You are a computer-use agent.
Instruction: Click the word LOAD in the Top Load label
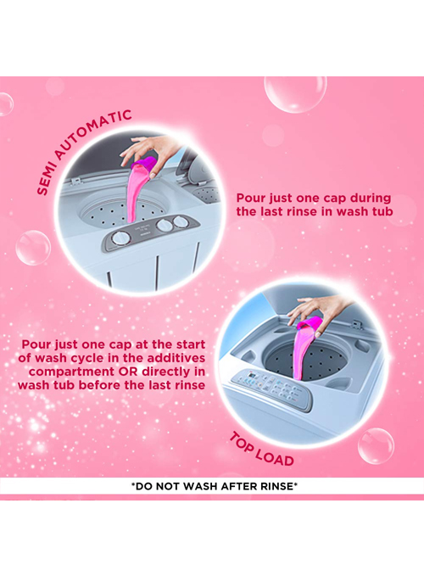275,458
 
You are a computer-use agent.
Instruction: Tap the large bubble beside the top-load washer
376,446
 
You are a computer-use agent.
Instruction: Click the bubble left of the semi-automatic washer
33,248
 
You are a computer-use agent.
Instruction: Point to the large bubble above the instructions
295,93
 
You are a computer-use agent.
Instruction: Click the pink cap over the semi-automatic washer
144,164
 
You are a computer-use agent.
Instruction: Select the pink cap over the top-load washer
310,324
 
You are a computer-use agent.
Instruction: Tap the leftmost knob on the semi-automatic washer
120,238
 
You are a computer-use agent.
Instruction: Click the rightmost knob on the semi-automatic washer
181,221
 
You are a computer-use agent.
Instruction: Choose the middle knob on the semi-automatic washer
165,225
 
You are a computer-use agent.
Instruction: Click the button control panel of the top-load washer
271,389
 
